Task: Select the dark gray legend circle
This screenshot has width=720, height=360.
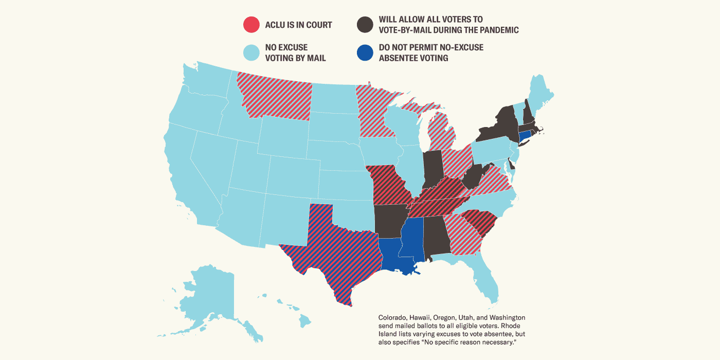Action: pyautogui.click(x=365, y=25)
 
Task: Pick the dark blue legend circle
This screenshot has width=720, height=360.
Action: pyautogui.click(x=365, y=53)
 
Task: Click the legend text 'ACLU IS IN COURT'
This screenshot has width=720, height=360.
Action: pyautogui.click(x=298, y=25)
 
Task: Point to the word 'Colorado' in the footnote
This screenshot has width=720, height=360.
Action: pyautogui.click(x=393, y=317)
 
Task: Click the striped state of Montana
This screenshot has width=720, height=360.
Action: pyautogui.click(x=275, y=98)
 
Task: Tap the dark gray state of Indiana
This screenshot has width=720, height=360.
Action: pyautogui.click(x=433, y=170)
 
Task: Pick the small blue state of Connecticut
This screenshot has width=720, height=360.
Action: pyautogui.click(x=525, y=137)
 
